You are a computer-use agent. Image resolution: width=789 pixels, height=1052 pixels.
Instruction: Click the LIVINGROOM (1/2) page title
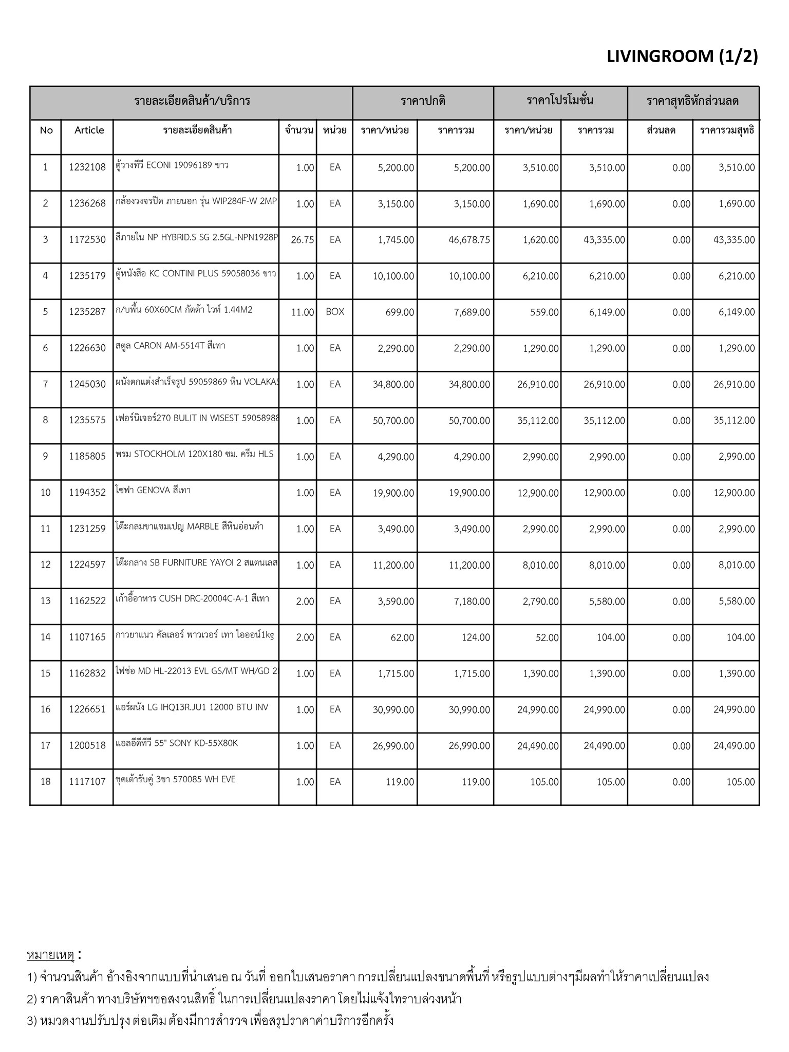point(682,57)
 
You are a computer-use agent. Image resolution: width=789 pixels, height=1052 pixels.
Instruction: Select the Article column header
point(89,130)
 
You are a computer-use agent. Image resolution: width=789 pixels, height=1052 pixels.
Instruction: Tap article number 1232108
point(87,167)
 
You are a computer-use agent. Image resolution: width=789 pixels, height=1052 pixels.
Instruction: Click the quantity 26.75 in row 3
point(302,240)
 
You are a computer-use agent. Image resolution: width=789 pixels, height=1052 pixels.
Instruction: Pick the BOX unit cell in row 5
point(335,312)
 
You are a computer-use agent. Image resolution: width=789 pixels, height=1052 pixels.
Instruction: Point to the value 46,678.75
point(469,240)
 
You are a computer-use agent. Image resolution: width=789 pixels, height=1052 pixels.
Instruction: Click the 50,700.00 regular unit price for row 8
point(393,421)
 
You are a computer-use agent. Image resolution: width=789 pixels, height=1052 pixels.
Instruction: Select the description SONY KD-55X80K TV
point(177,743)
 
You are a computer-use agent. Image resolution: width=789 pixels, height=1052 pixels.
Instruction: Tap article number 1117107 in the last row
point(87,782)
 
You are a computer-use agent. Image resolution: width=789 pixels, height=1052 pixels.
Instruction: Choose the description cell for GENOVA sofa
point(154,491)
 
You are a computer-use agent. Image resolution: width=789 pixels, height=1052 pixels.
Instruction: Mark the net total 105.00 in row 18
point(741,782)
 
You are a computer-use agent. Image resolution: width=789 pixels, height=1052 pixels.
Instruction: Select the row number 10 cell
point(46,493)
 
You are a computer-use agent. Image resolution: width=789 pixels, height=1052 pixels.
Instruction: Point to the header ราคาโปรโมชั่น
point(560,101)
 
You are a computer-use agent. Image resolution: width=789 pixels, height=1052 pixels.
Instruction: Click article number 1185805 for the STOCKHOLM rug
point(87,456)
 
